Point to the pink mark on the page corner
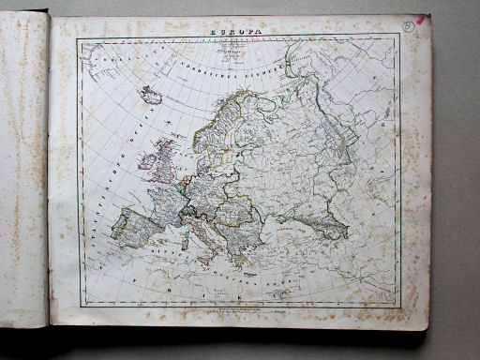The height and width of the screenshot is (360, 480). (x=423, y=18)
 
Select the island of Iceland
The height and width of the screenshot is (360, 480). (x=151, y=96)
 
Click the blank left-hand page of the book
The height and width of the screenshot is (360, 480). (x=23, y=169)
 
